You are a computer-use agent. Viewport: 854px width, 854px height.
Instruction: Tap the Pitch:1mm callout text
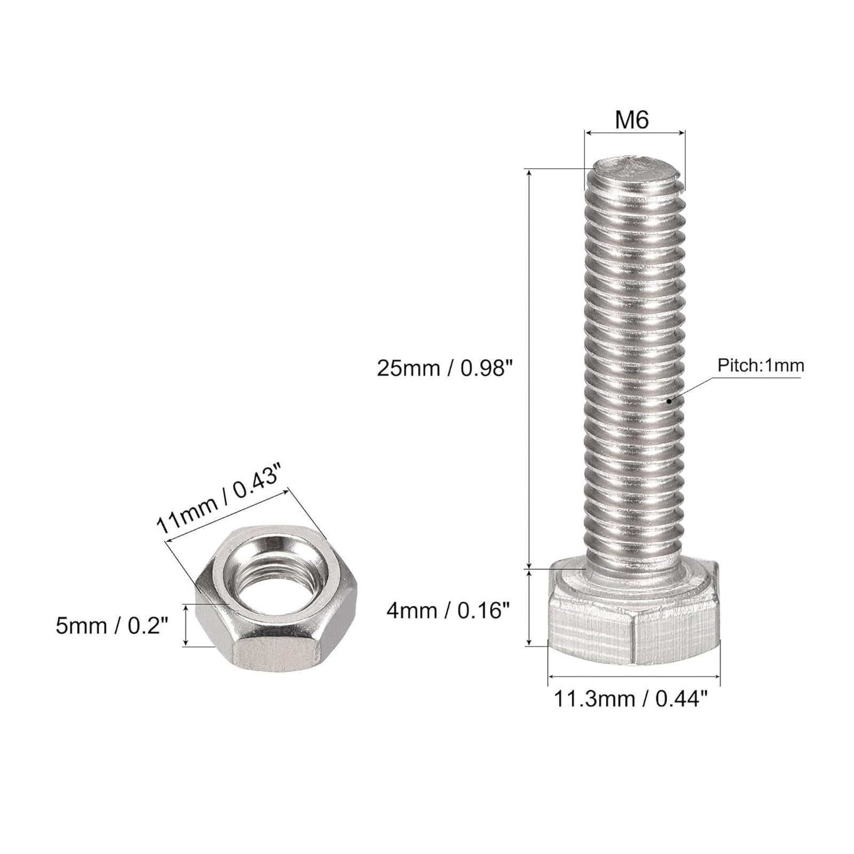[760, 366]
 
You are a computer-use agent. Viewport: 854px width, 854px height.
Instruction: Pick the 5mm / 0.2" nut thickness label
[112, 626]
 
